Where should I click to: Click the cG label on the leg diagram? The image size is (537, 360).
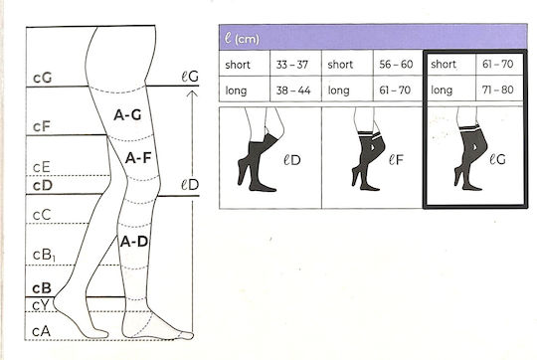[x=43, y=79]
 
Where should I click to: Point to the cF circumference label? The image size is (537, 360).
[x=42, y=126]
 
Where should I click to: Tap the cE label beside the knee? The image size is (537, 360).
[x=42, y=167]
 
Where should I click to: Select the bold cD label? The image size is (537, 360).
[x=43, y=186]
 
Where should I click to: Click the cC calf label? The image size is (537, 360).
[x=42, y=215]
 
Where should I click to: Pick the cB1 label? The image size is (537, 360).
[x=44, y=256]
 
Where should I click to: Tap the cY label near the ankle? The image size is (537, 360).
[x=41, y=305]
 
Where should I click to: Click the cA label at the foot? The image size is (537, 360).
[x=41, y=331]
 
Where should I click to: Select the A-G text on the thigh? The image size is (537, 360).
[x=127, y=115]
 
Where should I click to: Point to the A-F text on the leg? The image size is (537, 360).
[x=138, y=158]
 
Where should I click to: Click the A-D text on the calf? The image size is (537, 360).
[x=134, y=242]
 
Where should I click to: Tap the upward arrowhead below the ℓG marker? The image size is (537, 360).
[x=193, y=93]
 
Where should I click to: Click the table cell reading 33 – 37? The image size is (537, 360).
[x=292, y=65]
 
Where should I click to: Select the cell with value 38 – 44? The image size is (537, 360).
[x=293, y=90]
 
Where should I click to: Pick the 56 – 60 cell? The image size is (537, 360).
[x=396, y=64]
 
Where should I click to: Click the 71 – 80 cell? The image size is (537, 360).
[x=498, y=90]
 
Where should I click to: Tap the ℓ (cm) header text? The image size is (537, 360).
[x=242, y=39]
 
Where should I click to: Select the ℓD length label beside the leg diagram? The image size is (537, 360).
[x=190, y=185]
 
